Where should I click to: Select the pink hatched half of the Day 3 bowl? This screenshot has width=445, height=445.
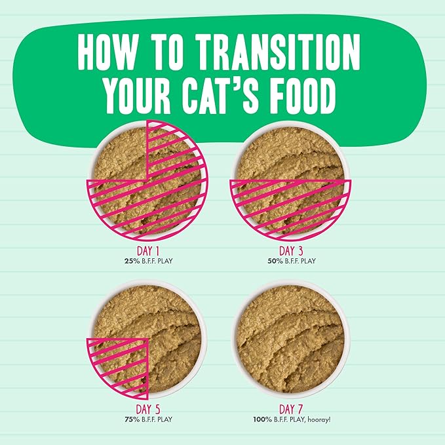[290, 206]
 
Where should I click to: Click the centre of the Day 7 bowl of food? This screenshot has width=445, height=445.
[291, 338]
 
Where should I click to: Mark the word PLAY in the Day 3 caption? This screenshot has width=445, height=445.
[307, 260]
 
